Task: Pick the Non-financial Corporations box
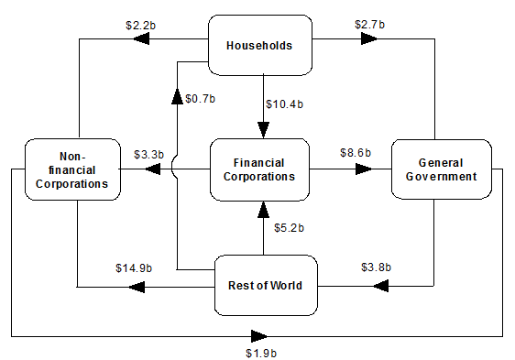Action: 72,169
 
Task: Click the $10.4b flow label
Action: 283,104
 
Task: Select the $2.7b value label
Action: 369,24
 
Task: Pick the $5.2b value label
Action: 289,227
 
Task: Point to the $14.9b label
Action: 134,267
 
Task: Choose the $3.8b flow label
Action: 373,267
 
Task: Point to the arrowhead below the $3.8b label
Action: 381,287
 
